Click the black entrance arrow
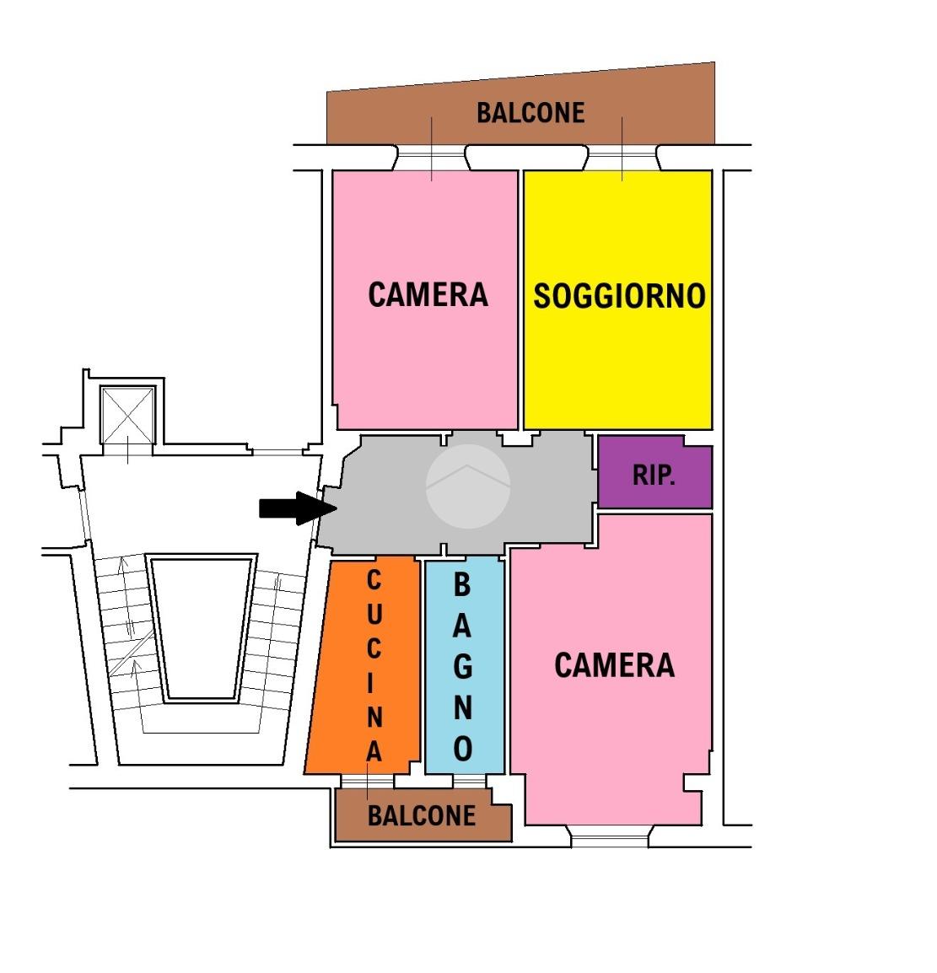click(298, 508)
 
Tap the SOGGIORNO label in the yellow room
click(619, 296)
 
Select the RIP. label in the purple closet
click(654, 476)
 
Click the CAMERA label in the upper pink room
click(428, 295)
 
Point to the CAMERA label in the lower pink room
click(614, 665)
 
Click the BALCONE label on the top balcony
click(530, 113)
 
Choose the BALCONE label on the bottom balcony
click(422, 815)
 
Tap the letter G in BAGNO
click(463, 666)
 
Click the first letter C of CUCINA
click(374, 581)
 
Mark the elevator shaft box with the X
click(128, 415)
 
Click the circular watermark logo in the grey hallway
click(468, 486)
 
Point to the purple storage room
click(655, 471)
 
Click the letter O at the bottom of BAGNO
click(463, 749)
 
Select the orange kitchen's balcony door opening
click(368, 782)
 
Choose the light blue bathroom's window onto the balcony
click(469, 782)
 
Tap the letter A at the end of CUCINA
click(374, 751)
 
